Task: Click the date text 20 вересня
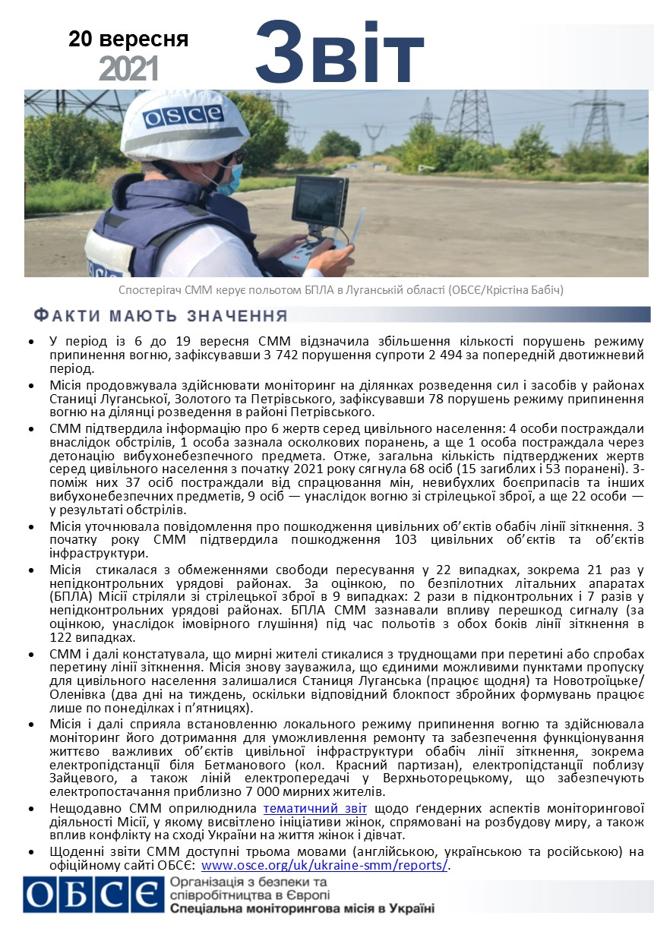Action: [128, 39]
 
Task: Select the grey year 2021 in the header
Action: [128, 69]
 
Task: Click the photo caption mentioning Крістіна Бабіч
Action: [341, 290]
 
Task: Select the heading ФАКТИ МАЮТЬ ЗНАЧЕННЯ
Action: [161, 315]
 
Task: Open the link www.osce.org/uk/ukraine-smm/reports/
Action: [325, 865]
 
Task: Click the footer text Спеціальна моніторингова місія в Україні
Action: [302, 908]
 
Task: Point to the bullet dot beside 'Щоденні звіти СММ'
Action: [30, 853]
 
